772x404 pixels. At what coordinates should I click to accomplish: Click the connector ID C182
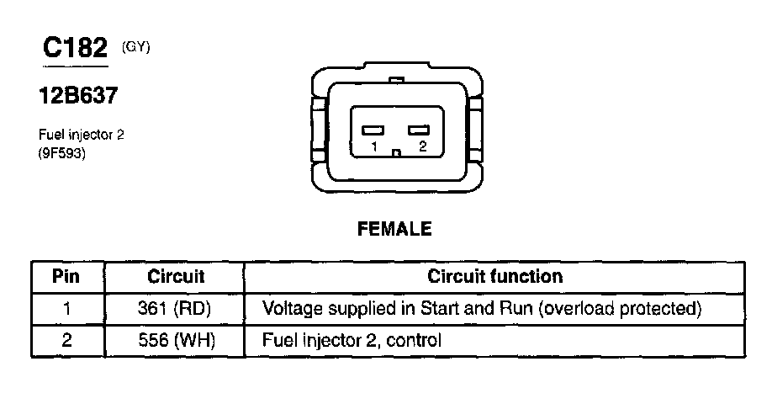pyautogui.click(x=76, y=48)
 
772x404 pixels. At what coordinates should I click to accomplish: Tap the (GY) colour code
pyautogui.click(x=135, y=47)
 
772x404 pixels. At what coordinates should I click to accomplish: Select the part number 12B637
pyautogui.click(x=78, y=96)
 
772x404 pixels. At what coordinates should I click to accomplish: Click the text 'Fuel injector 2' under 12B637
pyautogui.click(x=81, y=134)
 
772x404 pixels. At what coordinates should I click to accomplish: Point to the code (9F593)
pyautogui.click(x=62, y=154)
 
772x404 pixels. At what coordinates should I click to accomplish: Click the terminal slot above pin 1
pyautogui.click(x=373, y=130)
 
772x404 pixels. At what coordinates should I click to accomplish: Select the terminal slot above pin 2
pyautogui.click(x=418, y=130)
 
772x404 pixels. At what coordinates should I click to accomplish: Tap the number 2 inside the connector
pyautogui.click(x=421, y=147)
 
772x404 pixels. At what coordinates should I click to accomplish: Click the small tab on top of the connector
pyautogui.click(x=396, y=81)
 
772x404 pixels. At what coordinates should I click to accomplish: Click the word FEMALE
pyautogui.click(x=394, y=229)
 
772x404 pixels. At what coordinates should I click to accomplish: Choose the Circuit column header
pyautogui.click(x=176, y=276)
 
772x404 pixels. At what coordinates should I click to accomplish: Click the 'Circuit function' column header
pyautogui.click(x=495, y=276)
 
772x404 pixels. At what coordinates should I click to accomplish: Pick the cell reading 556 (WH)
pyautogui.click(x=175, y=340)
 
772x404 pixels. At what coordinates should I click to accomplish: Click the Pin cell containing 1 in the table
pyautogui.click(x=66, y=308)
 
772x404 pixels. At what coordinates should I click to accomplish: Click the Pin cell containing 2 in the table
pyautogui.click(x=66, y=340)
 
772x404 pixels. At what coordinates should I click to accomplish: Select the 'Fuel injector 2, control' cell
pyautogui.click(x=352, y=340)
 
